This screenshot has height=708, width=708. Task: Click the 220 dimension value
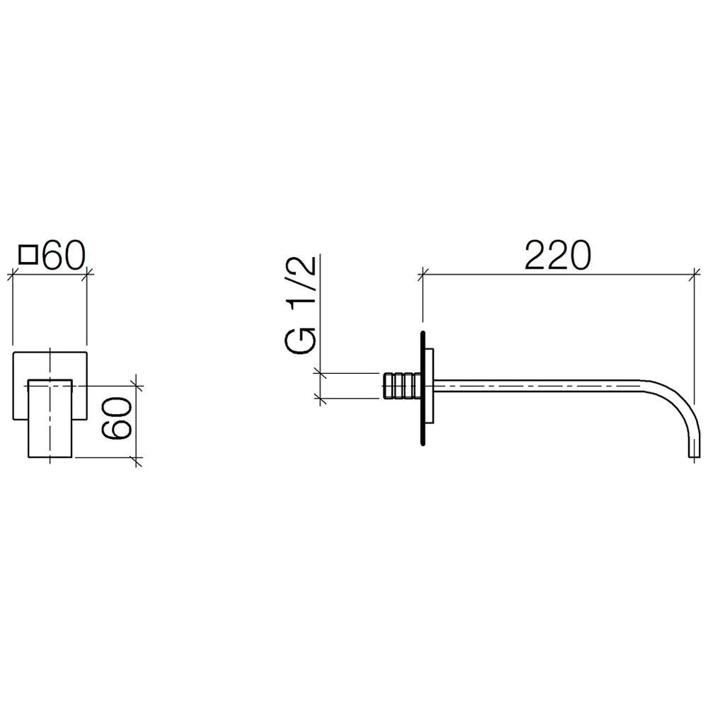point(558,255)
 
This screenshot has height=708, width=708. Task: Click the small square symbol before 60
point(28,254)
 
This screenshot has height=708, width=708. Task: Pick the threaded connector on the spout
point(401,386)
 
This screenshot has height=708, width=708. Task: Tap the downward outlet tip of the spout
point(694,455)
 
